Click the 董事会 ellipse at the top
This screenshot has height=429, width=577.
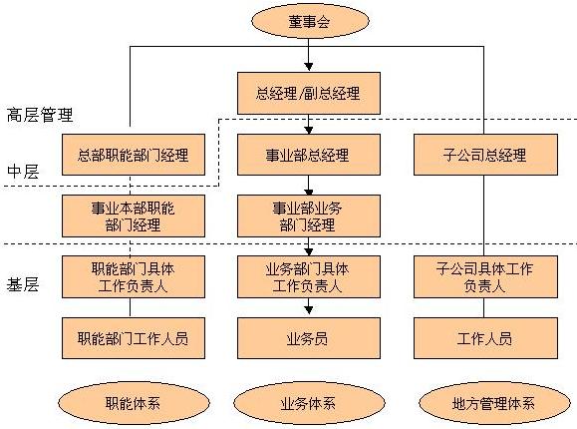pos(310,21)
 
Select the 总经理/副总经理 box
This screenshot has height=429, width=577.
pos(308,93)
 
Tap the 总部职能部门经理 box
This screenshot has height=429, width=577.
pos(134,155)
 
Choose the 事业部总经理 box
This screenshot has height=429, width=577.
pos(308,155)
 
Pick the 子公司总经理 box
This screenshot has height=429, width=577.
pos(485,155)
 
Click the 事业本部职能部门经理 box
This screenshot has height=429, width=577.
pos(134,215)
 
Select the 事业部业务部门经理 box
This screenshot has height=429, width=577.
pos(308,215)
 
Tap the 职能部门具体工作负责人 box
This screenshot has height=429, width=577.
pos(134,276)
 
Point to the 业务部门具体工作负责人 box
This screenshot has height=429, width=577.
pos(308,276)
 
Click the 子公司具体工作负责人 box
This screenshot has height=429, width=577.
pos(485,276)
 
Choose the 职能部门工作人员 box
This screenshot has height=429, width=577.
pos(134,338)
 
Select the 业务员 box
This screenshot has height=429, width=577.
pos(308,338)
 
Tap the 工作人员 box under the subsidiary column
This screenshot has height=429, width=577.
pos(485,338)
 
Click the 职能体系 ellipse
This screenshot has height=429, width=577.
pos(134,403)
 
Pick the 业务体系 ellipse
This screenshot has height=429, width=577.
pos(308,403)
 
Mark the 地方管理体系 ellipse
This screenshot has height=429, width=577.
pos(494,403)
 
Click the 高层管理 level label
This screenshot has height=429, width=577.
pos(40,115)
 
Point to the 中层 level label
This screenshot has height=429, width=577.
pos(23,172)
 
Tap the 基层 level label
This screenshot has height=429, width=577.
pos(23,284)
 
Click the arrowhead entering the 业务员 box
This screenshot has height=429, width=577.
pos(309,310)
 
